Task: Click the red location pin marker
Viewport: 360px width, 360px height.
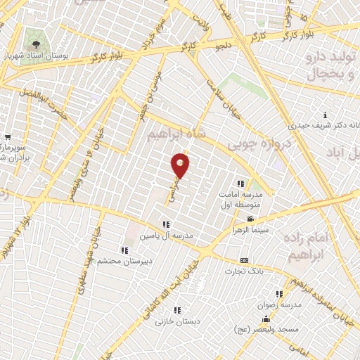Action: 181,165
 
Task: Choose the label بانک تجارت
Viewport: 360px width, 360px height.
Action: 244,271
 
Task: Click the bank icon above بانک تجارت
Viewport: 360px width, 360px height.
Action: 244,260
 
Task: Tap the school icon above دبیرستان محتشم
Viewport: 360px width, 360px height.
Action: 124,250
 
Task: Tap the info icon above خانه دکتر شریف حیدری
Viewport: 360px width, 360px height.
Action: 324,115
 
